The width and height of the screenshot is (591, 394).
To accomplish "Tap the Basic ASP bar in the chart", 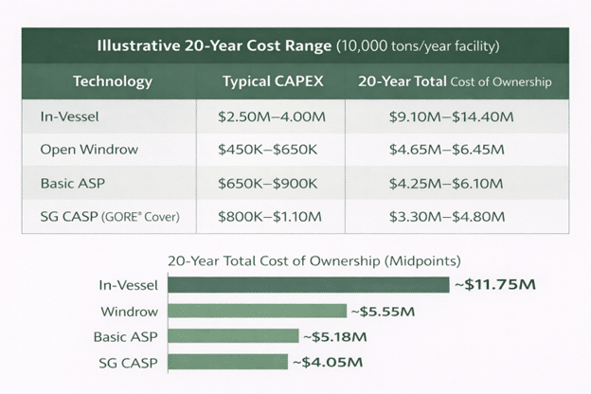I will click(x=233, y=335).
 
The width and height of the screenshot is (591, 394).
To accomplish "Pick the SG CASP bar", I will click(x=227, y=361).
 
